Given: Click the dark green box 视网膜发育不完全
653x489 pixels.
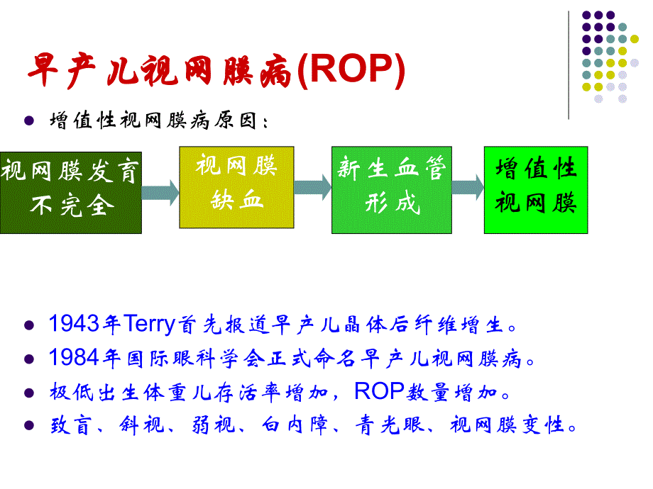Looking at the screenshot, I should [x=70, y=191].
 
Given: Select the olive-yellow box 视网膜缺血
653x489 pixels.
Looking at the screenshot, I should [x=236, y=187].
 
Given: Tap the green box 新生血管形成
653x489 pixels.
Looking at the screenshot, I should [x=391, y=190].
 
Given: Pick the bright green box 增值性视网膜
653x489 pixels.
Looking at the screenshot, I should [x=536, y=190].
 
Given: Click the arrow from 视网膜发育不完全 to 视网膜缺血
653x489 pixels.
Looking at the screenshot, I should [x=160, y=190].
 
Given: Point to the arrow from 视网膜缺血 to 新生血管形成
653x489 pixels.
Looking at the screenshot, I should [x=313, y=186].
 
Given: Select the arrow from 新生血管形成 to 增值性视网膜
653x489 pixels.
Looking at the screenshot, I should [x=466, y=187].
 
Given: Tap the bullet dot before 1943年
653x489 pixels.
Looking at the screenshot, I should [x=29, y=327].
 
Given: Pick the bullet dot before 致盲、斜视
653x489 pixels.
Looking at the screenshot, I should [x=29, y=425].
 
